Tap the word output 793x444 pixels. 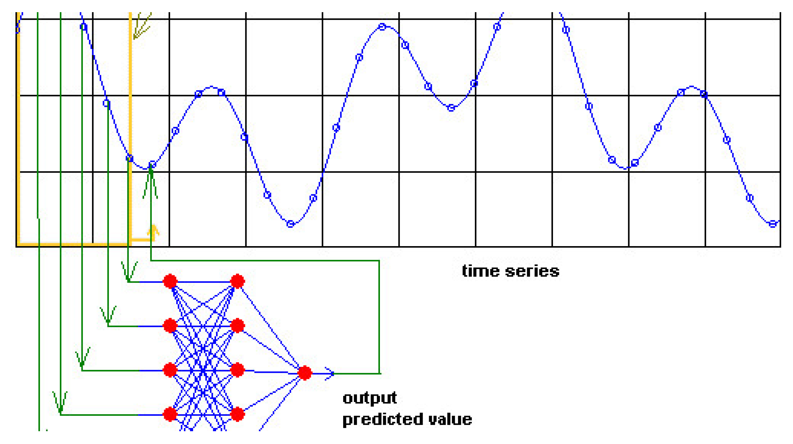tap(369, 398)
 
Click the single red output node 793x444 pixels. tap(304, 373)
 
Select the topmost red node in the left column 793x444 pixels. tap(170, 281)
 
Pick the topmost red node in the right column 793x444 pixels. tap(237, 281)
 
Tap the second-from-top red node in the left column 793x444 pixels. tap(170, 326)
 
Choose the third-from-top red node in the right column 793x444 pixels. tap(237, 370)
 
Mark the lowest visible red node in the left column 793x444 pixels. tap(170, 414)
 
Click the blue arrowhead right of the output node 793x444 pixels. tap(330, 373)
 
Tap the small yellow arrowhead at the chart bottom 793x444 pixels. tap(153, 230)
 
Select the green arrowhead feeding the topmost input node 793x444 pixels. tap(128, 274)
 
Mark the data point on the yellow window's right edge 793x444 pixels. tap(130, 159)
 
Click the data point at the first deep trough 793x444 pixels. tap(290, 224)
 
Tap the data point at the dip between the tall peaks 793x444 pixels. tap(451, 108)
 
